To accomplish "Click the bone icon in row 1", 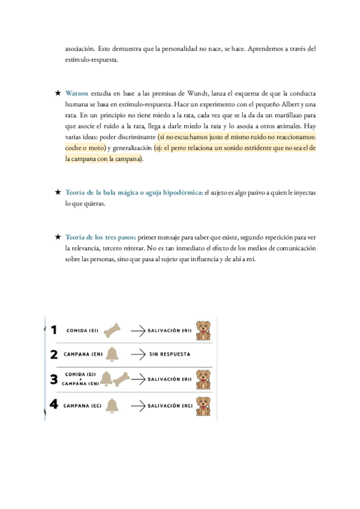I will click(x=112, y=330).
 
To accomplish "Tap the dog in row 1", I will click(x=204, y=331).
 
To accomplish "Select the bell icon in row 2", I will click(x=112, y=354).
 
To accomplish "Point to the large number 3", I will click(x=54, y=379).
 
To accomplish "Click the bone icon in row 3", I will click(x=122, y=379).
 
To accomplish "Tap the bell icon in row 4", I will click(x=111, y=406).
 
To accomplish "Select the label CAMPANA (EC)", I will click(x=82, y=406).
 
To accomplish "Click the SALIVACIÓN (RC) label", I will click(x=170, y=406).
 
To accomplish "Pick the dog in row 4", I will click(x=204, y=403).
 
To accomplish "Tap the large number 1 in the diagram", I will click(x=54, y=330).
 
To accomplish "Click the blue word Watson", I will click(x=77, y=94).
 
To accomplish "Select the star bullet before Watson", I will click(x=58, y=94).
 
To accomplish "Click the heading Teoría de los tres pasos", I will click(x=100, y=236).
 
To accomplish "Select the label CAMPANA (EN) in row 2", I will click(x=83, y=354).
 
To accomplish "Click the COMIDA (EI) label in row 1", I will click(x=83, y=331).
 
